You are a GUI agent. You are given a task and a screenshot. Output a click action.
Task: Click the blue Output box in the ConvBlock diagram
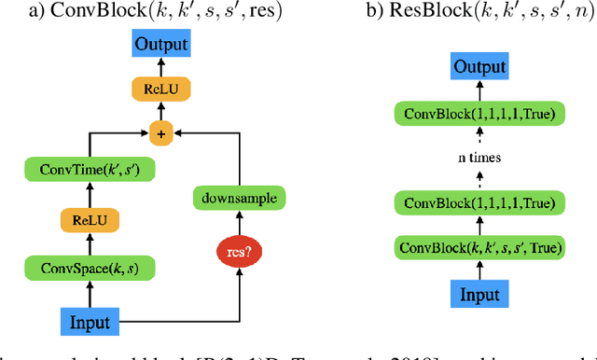click(x=160, y=45)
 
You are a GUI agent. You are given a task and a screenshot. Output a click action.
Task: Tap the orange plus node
click(x=160, y=134)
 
